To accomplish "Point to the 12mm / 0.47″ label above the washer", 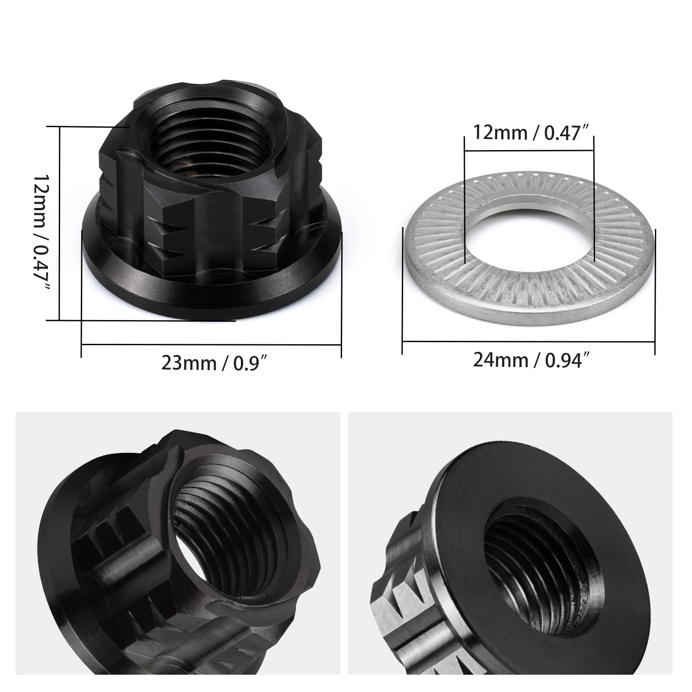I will click(x=532, y=132).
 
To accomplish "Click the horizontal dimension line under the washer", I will click(x=529, y=341).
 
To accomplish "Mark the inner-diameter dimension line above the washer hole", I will click(x=529, y=151).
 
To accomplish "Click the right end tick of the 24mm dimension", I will click(x=655, y=292).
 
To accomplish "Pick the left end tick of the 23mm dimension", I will click(x=81, y=294).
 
